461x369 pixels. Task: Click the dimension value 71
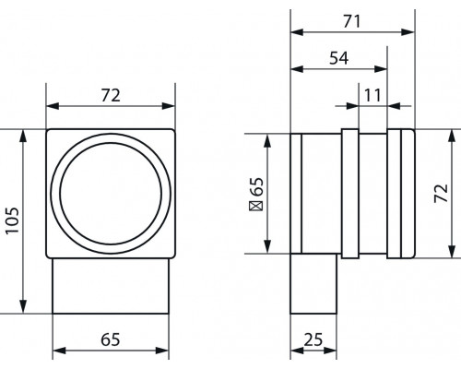pos(352,22)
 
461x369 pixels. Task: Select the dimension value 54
pos(339,58)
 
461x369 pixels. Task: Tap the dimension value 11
pos(372,95)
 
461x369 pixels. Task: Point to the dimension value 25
pos(313,339)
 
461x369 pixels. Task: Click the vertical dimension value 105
pos(13,220)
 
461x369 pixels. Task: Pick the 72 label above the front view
pos(111,95)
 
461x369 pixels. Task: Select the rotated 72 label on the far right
pos(442,193)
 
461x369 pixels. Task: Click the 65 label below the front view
pos(111,339)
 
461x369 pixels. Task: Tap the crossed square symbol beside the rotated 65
pos(256,206)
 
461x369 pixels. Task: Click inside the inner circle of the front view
pos(111,194)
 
